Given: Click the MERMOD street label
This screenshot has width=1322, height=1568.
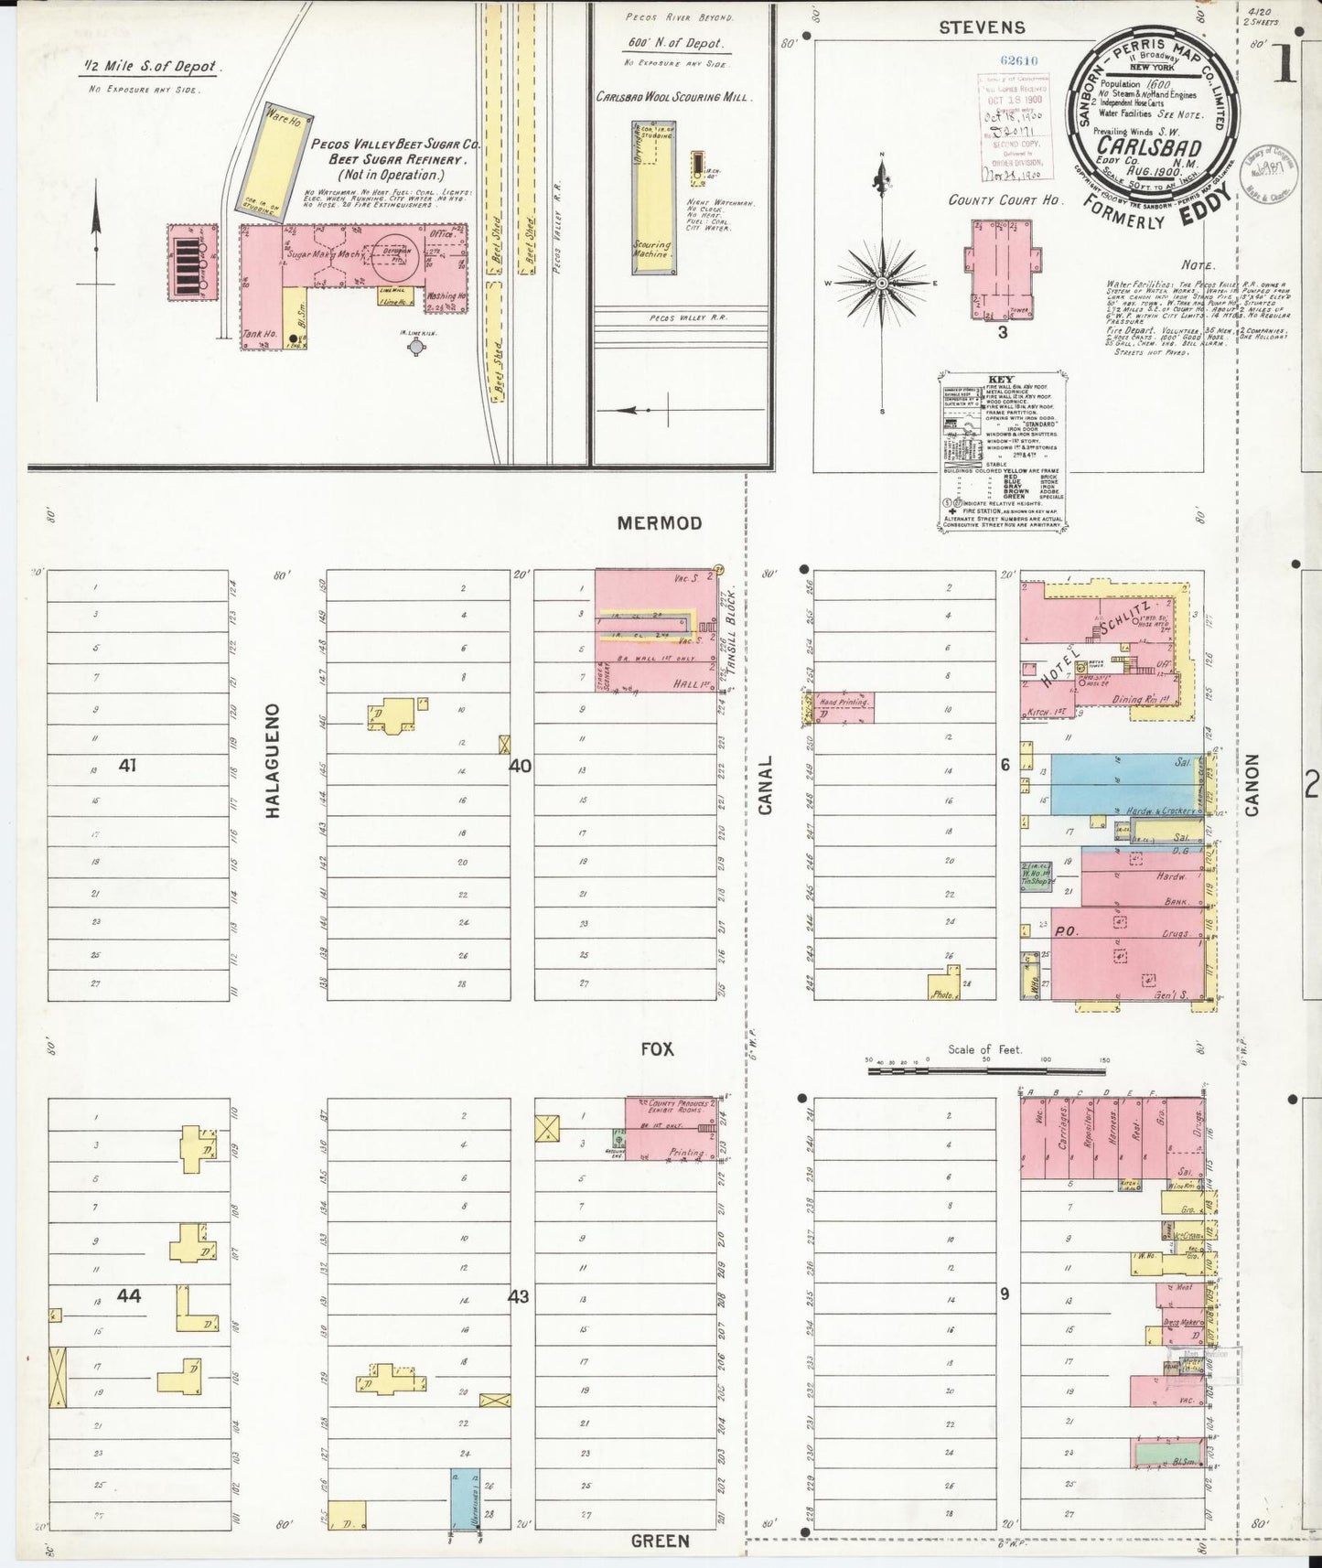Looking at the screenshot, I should coord(659,523).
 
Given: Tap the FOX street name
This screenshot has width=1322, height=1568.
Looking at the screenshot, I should coord(657,1049).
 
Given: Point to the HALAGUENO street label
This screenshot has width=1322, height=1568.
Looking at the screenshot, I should coord(272,759).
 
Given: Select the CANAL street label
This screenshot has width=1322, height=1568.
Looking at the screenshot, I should coord(766,785).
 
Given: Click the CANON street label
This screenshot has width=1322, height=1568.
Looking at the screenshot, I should coord(1252,785).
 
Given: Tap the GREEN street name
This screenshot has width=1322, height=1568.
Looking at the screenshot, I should coord(660,1541).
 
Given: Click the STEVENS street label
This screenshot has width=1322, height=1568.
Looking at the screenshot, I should coord(983,27).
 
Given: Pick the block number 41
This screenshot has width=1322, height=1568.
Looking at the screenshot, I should coord(127,765).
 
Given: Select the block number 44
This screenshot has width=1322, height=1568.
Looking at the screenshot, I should coord(129,1295).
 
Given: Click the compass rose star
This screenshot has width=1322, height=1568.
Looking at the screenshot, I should coord(882,283).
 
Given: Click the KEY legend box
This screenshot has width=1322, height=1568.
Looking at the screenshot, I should coord(1003,450).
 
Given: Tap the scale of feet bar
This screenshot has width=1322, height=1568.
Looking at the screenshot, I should coord(988,1067).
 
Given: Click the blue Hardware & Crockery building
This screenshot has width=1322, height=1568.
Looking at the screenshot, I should coord(1125,784).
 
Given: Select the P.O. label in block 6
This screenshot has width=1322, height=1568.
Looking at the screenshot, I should coord(1066,931).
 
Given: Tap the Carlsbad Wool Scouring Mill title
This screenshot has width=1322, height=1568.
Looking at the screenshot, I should coord(672,97).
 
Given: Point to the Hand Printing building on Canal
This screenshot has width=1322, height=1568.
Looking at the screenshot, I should coord(842,707).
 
